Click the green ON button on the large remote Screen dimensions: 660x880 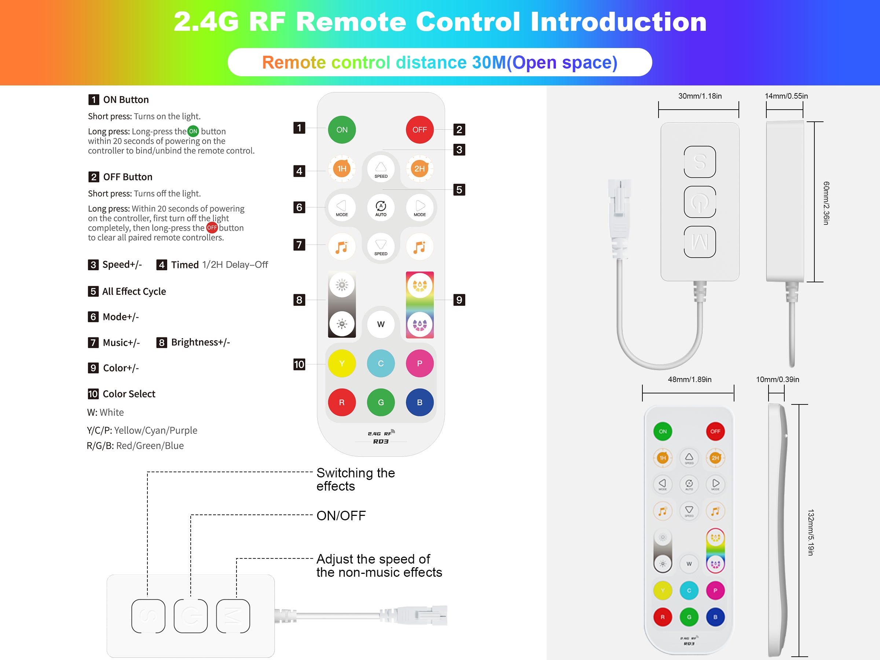[x=342, y=130]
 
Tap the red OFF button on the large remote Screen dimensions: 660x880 [x=419, y=130]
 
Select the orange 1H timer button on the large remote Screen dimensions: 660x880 [x=342, y=169]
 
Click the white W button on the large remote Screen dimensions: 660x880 [x=381, y=324]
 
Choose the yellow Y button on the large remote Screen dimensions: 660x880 [x=342, y=363]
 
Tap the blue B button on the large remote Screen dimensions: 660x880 [x=419, y=402]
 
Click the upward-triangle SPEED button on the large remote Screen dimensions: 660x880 [x=381, y=169]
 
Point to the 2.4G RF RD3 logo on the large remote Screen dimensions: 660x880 [x=381, y=437]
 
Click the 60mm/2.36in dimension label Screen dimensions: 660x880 [x=826, y=203]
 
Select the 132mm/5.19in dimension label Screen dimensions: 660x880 [x=811, y=532]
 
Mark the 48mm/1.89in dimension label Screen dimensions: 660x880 [x=689, y=379]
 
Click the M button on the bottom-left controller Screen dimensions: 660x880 [x=233, y=616]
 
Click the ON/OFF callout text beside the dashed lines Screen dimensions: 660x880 [x=341, y=516]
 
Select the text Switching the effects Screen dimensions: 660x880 [x=355, y=479]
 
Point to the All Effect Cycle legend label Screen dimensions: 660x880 [x=134, y=291]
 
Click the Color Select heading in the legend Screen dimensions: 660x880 [x=129, y=394]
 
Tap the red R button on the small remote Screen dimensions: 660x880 [x=663, y=617]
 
